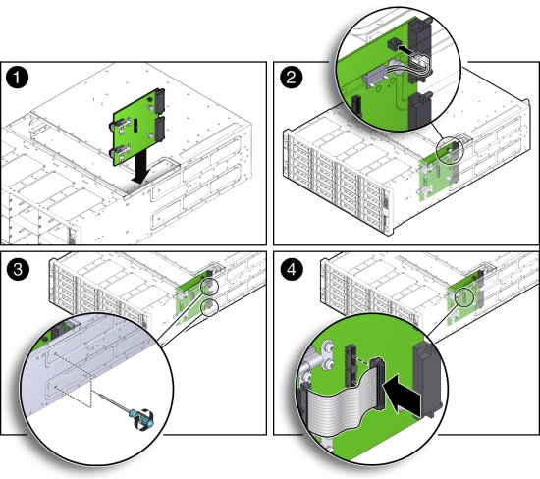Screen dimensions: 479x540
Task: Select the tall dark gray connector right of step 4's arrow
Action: coord(425,383)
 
